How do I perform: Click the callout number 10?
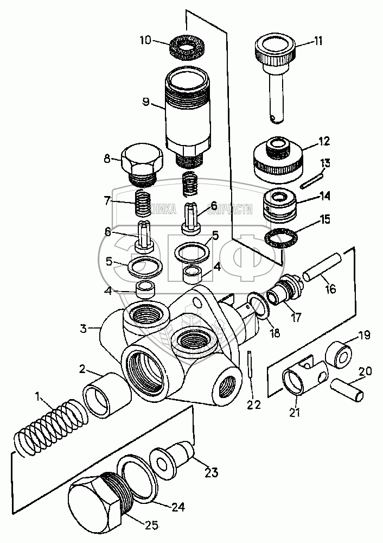click(146, 41)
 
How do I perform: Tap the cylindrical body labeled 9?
click(188, 114)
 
